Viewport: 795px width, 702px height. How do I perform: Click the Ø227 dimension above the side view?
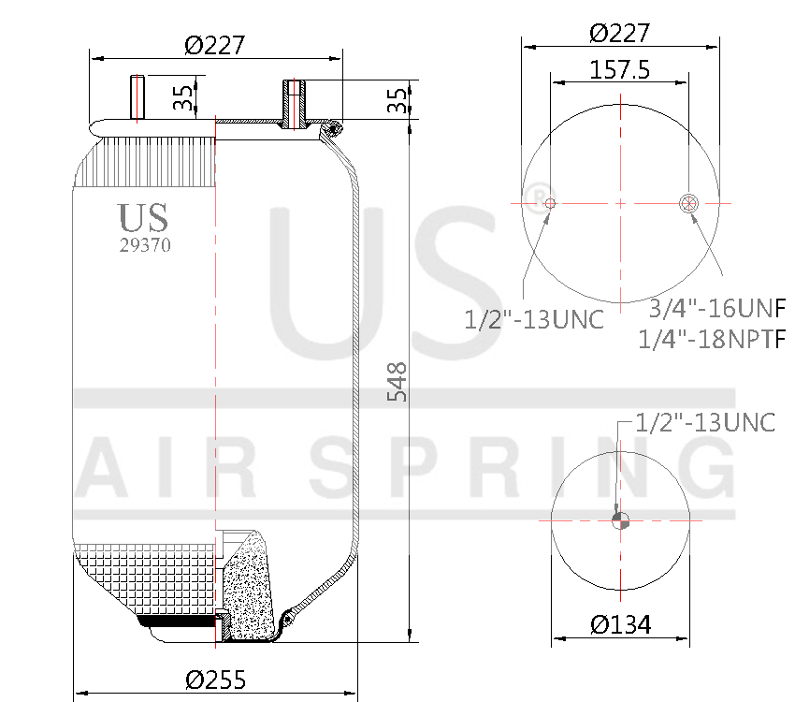tap(215, 44)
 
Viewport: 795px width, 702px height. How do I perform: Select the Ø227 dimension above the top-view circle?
tap(620, 33)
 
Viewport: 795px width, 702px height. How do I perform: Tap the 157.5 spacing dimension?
tap(620, 70)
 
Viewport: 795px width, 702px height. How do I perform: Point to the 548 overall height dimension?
tap(397, 382)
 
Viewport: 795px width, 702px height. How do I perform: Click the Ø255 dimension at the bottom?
tap(215, 680)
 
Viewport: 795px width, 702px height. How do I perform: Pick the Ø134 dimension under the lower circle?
tap(620, 624)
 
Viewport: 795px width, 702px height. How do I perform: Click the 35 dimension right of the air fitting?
tap(398, 100)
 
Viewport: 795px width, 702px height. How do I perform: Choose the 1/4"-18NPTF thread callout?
tap(712, 339)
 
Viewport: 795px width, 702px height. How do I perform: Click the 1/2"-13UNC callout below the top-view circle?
tap(534, 320)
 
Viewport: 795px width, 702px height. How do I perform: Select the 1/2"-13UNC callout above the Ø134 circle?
tap(705, 422)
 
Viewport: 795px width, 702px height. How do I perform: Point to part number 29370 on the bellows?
tap(145, 246)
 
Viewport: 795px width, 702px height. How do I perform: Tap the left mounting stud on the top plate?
tap(137, 98)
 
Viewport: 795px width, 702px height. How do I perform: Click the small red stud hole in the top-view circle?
tap(550, 203)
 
